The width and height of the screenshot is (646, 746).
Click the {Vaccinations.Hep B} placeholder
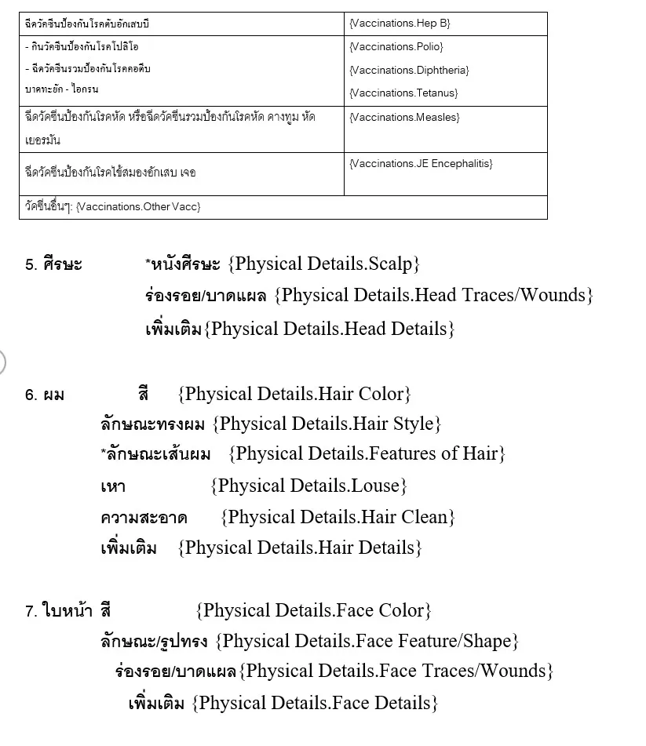click(x=400, y=24)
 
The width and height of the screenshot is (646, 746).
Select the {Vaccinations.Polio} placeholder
click(x=396, y=47)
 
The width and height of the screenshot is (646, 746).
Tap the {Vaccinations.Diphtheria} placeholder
click(x=409, y=70)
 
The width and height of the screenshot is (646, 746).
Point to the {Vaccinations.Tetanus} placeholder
click(x=403, y=93)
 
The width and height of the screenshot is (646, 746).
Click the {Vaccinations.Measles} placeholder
click(x=404, y=117)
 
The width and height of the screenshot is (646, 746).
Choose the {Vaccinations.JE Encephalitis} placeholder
click(x=421, y=163)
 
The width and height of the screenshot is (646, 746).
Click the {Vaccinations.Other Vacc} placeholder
click(x=138, y=206)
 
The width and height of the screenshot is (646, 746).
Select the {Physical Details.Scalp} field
click(x=324, y=264)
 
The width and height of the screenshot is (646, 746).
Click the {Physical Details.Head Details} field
click(x=330, y=328)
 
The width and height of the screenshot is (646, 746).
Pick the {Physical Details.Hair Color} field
click(x=294, y=393)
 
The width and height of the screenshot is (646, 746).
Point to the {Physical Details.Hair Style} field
click(x=327, y=424)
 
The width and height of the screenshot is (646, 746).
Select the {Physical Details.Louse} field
click(x=308, y=486)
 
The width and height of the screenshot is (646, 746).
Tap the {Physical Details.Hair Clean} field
click(x=338, y=517)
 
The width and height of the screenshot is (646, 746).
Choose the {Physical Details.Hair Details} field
click(x=300, y=548)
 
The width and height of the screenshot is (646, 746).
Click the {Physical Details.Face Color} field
click(x=313, y=610)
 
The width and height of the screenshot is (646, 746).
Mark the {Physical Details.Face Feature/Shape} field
click(x=367, y=641)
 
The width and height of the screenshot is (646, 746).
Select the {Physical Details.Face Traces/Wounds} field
click(x=396, y=671)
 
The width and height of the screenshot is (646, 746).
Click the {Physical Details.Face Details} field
click(x=315, y=703)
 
